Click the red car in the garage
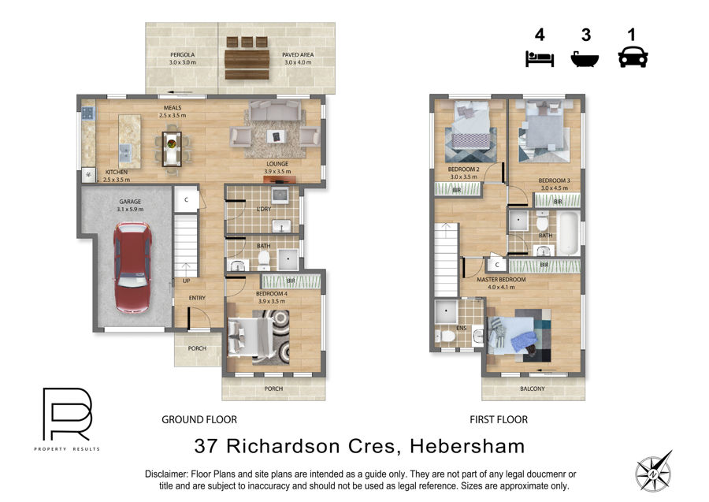click(132, 268)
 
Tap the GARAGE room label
click(130, 202)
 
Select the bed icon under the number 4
click(540, 59)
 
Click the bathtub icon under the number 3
click(585, 59)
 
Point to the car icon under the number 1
click(633, 57)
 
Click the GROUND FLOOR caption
click(199, 420)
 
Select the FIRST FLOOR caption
click(499, 420)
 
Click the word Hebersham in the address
click(467, 446)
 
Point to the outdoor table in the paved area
click(247, 64)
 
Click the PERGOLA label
click(182, 54)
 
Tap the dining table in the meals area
click(172, 148)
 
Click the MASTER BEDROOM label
click(501, 280)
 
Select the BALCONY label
click(533, 389)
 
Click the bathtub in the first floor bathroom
click(568, 233)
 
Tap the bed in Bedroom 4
click(249, 337)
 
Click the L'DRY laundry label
click(264, 209)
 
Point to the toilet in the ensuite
click(447, 337)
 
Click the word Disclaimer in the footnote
click(166, 474)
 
